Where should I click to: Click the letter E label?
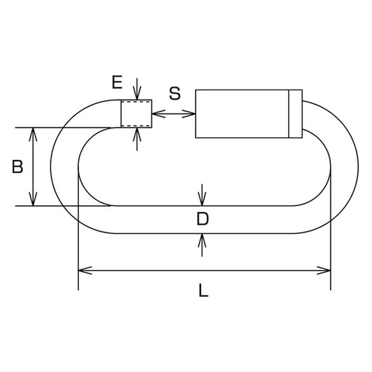pyautogui.click(x=117, y=82)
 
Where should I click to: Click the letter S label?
pyautogui.click(x=175, y=93)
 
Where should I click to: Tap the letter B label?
pyautogui.click(x=17, y=167)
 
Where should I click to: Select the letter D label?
pyautogui.click(x=202, y=219)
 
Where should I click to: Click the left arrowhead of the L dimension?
pyautogui.click(x=85, y=270)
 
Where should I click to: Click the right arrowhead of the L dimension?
pyautogui.click(x=323, y=270)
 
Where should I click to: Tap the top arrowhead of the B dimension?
pyautogui.click(x=33, y=134)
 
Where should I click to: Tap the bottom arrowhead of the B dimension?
pyautogui.click(x=33, y=199)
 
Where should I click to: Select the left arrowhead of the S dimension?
pyautogui.click(x=159, y=114)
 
